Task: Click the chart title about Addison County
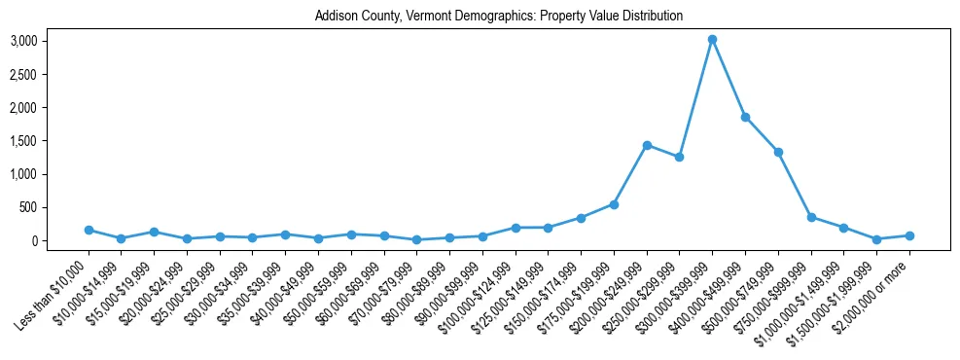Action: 499,17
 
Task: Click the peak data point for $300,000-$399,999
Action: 712,40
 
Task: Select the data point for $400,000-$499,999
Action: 745,117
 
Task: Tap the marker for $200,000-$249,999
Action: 647,145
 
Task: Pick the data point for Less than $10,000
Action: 89,231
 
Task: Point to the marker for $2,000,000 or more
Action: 909,235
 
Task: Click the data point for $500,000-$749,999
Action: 778,152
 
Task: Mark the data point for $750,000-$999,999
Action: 811,217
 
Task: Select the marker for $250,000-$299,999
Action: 680,157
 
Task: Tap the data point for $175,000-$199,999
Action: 614,204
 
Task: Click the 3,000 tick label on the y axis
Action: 23,41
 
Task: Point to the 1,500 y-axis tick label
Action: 23,141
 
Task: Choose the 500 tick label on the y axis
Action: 28,207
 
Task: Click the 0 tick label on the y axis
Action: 33,240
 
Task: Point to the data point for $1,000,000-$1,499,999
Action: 844,228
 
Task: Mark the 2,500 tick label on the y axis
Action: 23,74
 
